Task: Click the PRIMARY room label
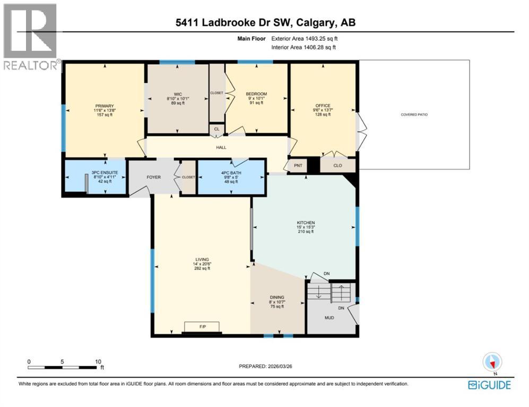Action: click(105, 106)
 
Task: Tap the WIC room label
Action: click(178, 93)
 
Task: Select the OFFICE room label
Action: click(323, 106)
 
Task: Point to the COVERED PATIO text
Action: click(414, 114)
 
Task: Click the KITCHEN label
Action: click(306, 223)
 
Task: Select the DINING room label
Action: click(277, 297)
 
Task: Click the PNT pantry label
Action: click(298, 165)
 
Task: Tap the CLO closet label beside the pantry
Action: click(337, 165)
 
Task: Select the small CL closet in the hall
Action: click(216, 128)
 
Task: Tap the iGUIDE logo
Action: click(489, 385)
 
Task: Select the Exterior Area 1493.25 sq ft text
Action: click(304, 39)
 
